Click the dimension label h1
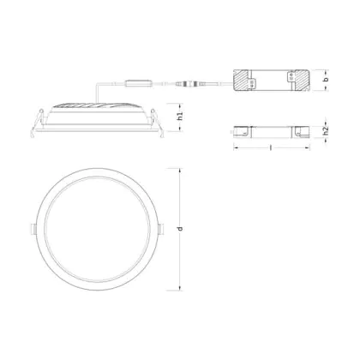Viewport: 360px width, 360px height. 180,117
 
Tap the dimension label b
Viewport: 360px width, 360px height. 327,79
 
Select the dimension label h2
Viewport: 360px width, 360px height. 326,131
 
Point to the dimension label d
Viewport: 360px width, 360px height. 180,229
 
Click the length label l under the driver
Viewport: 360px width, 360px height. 271,147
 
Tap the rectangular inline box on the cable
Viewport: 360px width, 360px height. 138,83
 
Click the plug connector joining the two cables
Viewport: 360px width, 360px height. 189,84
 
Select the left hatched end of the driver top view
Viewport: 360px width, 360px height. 243,81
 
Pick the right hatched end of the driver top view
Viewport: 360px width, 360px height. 302,81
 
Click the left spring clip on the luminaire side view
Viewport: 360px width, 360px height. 37,123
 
